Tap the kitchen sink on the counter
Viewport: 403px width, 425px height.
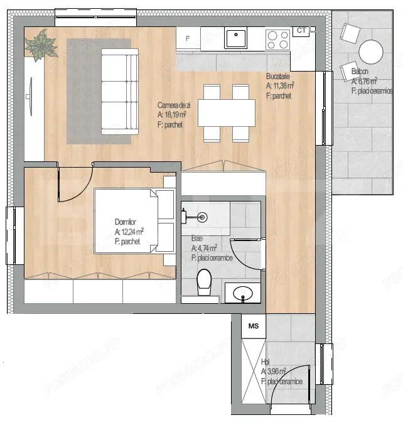tap(236, 38)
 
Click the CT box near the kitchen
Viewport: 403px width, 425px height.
tap(301, 30)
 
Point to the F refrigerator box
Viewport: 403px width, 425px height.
tap(187, 38)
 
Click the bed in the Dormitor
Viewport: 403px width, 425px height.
tap(133, 220)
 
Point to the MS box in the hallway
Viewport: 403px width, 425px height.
tap(254, 326)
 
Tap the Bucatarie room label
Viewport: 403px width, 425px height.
tap(280, 77)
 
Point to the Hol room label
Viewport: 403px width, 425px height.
tap(265, 362)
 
